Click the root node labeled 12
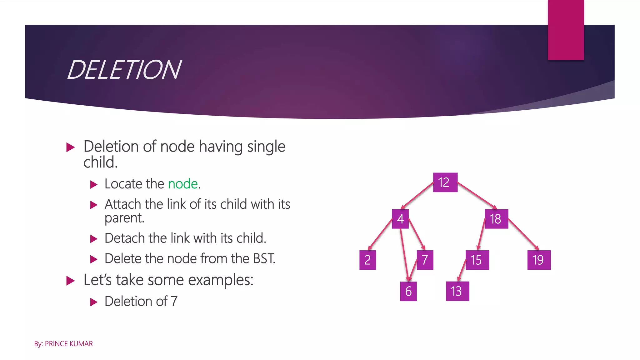tap(445, 182)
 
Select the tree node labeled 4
tap(400, 219)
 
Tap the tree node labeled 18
tap(496, 219)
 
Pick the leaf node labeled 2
tap(367, 260)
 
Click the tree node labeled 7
tap(425, 260)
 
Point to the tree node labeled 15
tap(477, 260)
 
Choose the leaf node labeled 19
tap(539, 260)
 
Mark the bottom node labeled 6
tap(408, 291)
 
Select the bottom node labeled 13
tap(457, 291)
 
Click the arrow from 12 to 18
tap(477, 196)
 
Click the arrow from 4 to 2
tap(380, 234)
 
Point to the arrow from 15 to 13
tap(462, 270)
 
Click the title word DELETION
tap(124, 70)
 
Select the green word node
tap(183, 184)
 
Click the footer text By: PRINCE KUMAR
tap(63, 344)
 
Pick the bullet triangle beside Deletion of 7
tap(93, 302)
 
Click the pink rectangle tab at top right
tap(566, 30)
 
